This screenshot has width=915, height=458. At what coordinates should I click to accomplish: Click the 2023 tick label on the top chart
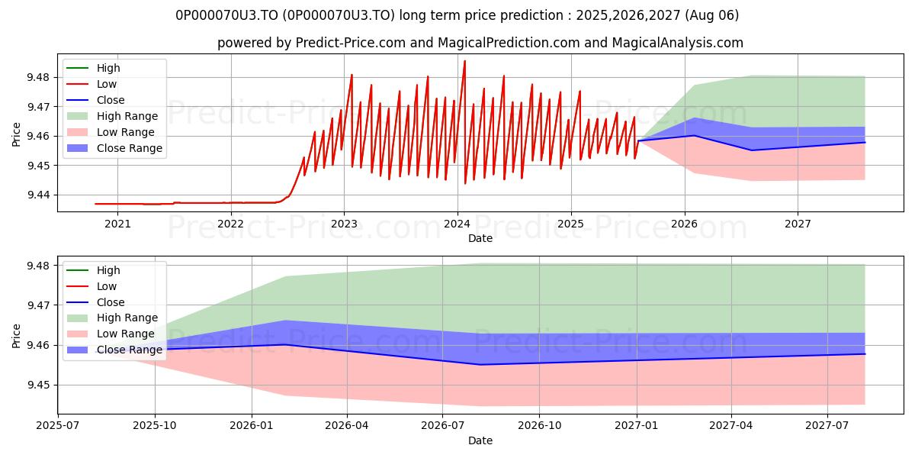click(x=344, y=224)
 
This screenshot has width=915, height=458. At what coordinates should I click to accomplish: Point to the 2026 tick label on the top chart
click(x=684, y=224)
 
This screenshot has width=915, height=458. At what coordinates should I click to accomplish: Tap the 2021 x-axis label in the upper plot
click(x=117, y=224)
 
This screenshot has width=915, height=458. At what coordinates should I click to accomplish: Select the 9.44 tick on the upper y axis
click(x=38, y=195)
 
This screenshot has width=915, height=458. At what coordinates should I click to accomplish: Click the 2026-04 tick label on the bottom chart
click(x=347, y=426)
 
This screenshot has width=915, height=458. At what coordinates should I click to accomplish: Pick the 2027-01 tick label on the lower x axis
click(x=637, y=426)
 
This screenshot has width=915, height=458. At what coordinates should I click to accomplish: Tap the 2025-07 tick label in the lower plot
click(x=58, y=426)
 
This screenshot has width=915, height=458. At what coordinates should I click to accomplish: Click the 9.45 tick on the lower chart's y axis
click(x=38, y=385)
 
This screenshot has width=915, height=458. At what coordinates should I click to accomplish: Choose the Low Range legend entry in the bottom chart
click(x=111, y=334)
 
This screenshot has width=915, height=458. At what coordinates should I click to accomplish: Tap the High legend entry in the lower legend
click(x=94, y=270)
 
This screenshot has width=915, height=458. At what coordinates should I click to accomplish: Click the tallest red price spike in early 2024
click(x=464, y=61)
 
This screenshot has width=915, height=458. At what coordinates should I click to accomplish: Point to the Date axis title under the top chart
click(x=480, y=238)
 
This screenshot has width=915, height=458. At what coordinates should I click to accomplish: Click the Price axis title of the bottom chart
click(x=16, y=336)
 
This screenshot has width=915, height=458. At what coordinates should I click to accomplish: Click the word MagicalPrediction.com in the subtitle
click(x=509, y=43)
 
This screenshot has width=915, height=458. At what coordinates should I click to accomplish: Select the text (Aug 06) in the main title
click(x=712, y=15)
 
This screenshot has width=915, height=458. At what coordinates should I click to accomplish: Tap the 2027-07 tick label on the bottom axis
click(x=827, y=426)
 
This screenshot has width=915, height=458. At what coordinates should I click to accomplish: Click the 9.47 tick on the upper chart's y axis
click(x=38, y=107)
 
